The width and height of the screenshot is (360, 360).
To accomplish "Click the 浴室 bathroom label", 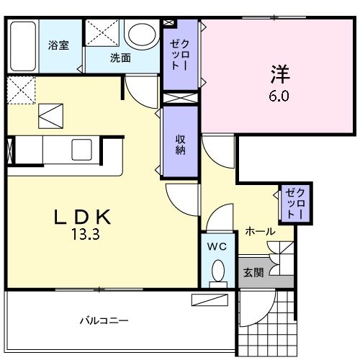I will click(58, 45).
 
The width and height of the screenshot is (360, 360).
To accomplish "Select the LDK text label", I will click(84, 215).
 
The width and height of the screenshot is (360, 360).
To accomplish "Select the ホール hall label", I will click(259, 231).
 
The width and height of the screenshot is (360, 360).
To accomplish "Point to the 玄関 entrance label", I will click(253, 272).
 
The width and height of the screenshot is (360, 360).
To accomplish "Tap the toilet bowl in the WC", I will click(217, 272).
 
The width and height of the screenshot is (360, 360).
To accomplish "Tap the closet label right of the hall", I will click(295, 204).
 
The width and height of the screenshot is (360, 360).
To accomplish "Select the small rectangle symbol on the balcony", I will click(210, 300).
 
